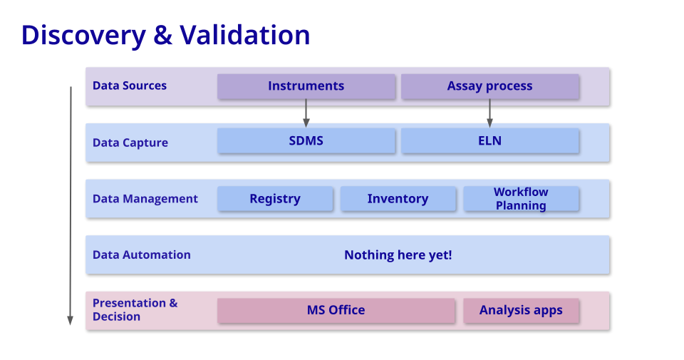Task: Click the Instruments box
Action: tap(306, 86)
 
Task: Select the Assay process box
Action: tap(489, 86)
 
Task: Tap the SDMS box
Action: tap(306, 141)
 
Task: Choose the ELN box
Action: tap(489, 141)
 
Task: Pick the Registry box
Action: tap(275, 199)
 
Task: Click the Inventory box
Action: tap(398, 199)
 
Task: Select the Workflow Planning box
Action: tap(521, 199)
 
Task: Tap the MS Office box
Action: tap(336, 310)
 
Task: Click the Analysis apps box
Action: tap(521, 310)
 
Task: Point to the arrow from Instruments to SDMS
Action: tap(306, 113)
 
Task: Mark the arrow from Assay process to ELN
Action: tap(489, 113)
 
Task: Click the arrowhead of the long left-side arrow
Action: tap(70, 320)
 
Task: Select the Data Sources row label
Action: tap(130, 86)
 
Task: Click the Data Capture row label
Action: tap(130, 143)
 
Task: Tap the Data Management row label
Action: tap(145, 199)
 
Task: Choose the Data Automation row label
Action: tap(142, 254)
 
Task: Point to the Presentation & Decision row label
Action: tap(135, 309)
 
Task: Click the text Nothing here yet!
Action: tap(398, 254)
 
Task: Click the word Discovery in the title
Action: tap(84, 35)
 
